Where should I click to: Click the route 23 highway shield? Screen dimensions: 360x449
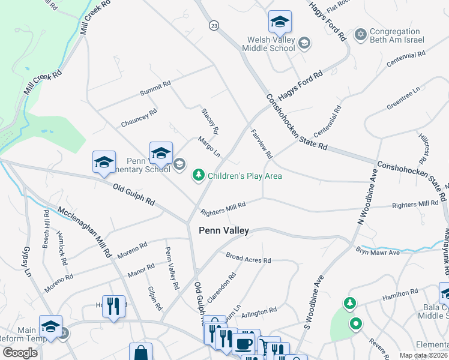coord(214,25)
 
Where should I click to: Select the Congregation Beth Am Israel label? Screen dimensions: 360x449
coord(397,35)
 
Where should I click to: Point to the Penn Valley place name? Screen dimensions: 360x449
coord(223,230)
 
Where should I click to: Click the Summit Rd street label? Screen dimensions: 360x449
coord(155,88)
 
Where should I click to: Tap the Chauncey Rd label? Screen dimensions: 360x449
coord(139,116)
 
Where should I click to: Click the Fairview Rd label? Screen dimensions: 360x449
coord(262,145)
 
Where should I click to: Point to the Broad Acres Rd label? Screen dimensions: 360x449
coord(249,258)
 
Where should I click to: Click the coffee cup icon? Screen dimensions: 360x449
coord(243,343)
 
